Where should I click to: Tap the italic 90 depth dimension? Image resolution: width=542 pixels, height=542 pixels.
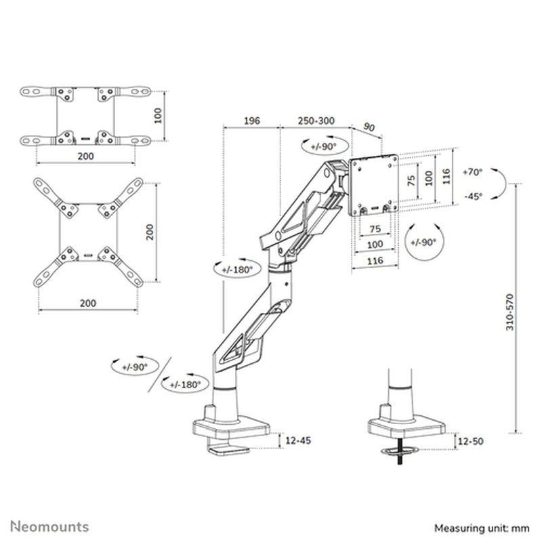click(370, 127)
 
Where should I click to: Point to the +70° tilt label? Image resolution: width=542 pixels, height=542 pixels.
click(473, 172)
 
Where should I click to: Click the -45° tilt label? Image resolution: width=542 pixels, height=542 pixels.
click(473, 196)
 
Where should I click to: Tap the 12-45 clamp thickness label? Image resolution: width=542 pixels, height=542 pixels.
click(298, 441)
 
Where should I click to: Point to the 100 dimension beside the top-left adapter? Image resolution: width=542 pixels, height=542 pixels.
click(158, 116)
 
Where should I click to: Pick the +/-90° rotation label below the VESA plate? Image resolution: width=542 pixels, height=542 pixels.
click(424, 242)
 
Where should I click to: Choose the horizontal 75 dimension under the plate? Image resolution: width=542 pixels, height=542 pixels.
click(374, 228)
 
